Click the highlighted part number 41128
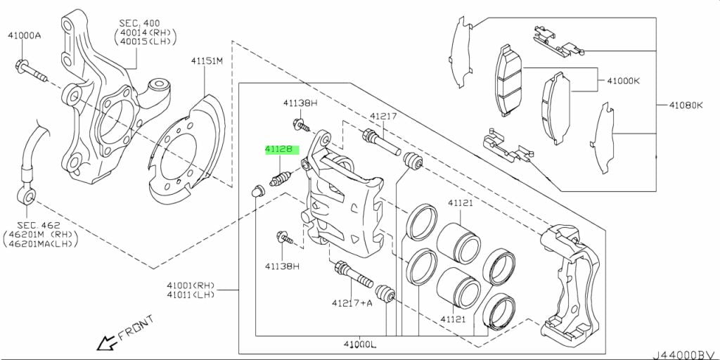coord(282,149)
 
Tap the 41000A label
coord(25,35)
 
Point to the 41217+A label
coord(352,303)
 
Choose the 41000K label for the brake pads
coord(619,81)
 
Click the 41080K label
coord(681,105)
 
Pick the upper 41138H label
coord(301,103)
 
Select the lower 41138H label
coord(282,266)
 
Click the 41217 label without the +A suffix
coord(385,117)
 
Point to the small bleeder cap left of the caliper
coord(258,189)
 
